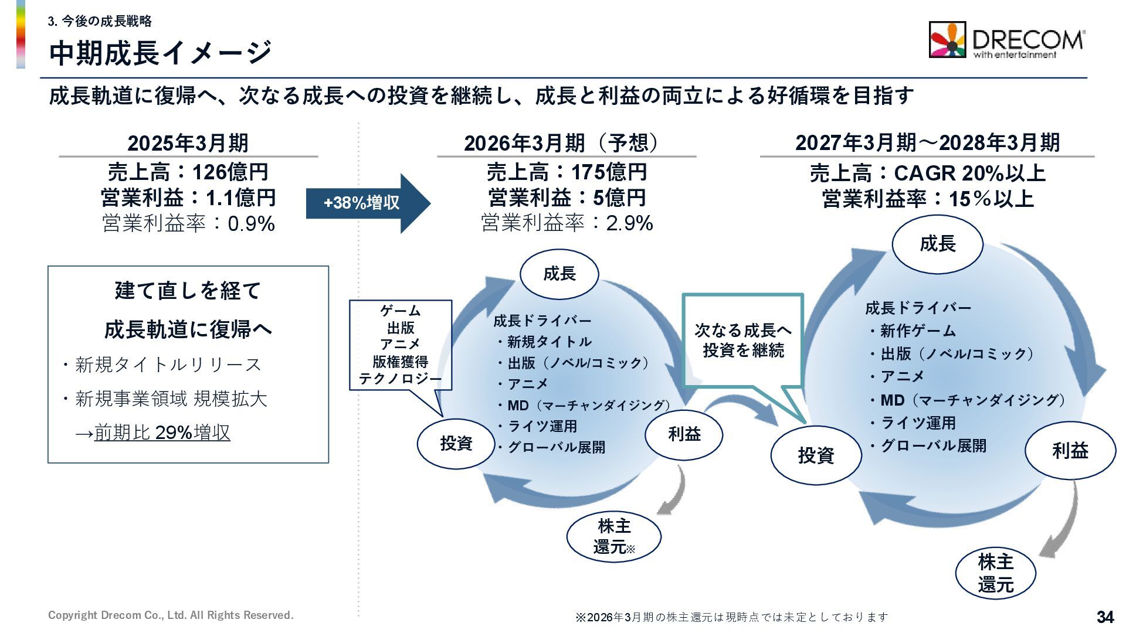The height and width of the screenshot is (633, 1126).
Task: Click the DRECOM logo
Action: pos(1006,40)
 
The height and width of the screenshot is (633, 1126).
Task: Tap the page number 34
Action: pos(1105,617)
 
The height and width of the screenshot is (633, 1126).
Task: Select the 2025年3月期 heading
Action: pos(188,142)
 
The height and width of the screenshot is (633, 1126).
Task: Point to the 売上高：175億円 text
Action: pos(567,172)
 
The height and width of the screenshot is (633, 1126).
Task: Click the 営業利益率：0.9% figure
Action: pos(188,223)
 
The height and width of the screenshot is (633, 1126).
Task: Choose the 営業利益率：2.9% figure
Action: pos(567,223)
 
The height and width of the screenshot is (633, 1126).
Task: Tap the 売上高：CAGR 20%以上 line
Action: pos(927,173)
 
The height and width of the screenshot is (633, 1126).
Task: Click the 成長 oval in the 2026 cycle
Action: pos(559,273)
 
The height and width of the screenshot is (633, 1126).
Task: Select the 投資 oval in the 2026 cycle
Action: pos(456,443)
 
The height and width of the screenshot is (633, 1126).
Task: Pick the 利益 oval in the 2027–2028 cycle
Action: pos(1070,450)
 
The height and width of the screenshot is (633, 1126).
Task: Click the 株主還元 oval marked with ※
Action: pos(613,536)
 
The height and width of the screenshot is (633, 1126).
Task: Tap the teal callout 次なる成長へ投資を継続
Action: pos(742,341)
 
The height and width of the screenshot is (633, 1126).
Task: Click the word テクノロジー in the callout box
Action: pos(400,379)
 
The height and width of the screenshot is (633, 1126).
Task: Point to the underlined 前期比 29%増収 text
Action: pos(162,433)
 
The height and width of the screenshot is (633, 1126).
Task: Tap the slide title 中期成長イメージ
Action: pos(160,53)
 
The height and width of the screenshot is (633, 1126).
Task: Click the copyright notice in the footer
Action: pos(171,615)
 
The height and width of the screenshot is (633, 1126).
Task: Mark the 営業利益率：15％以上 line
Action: pos(927,199)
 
